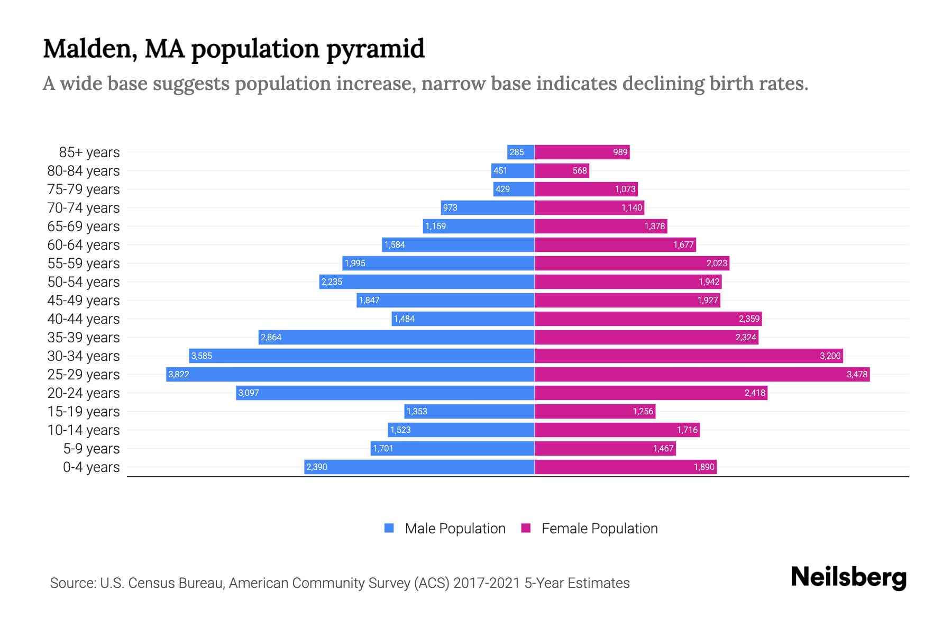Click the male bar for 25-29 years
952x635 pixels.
coord(349,374)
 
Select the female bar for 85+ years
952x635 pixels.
coord(582,152)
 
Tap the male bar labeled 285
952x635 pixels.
coord(520,152)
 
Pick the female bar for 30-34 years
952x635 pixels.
coord(688,356)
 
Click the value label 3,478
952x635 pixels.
coord(857,375)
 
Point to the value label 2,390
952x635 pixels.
coord(317,467)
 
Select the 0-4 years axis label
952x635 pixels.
coord(91,467)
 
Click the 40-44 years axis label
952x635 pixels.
coord(84,319)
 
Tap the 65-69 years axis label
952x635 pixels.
coord(84,226)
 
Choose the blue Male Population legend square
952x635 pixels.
coord(389,528)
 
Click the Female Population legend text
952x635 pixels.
coord(599,529)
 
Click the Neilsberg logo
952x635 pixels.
coord(848,577)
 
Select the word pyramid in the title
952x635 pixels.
coord(375,49)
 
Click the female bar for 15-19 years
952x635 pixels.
coord(595,412)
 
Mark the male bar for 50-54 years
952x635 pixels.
coord(427,282)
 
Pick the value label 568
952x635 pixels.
coord(580,171)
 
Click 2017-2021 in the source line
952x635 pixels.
coord(487,583)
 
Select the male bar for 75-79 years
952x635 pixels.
coord(514,189)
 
